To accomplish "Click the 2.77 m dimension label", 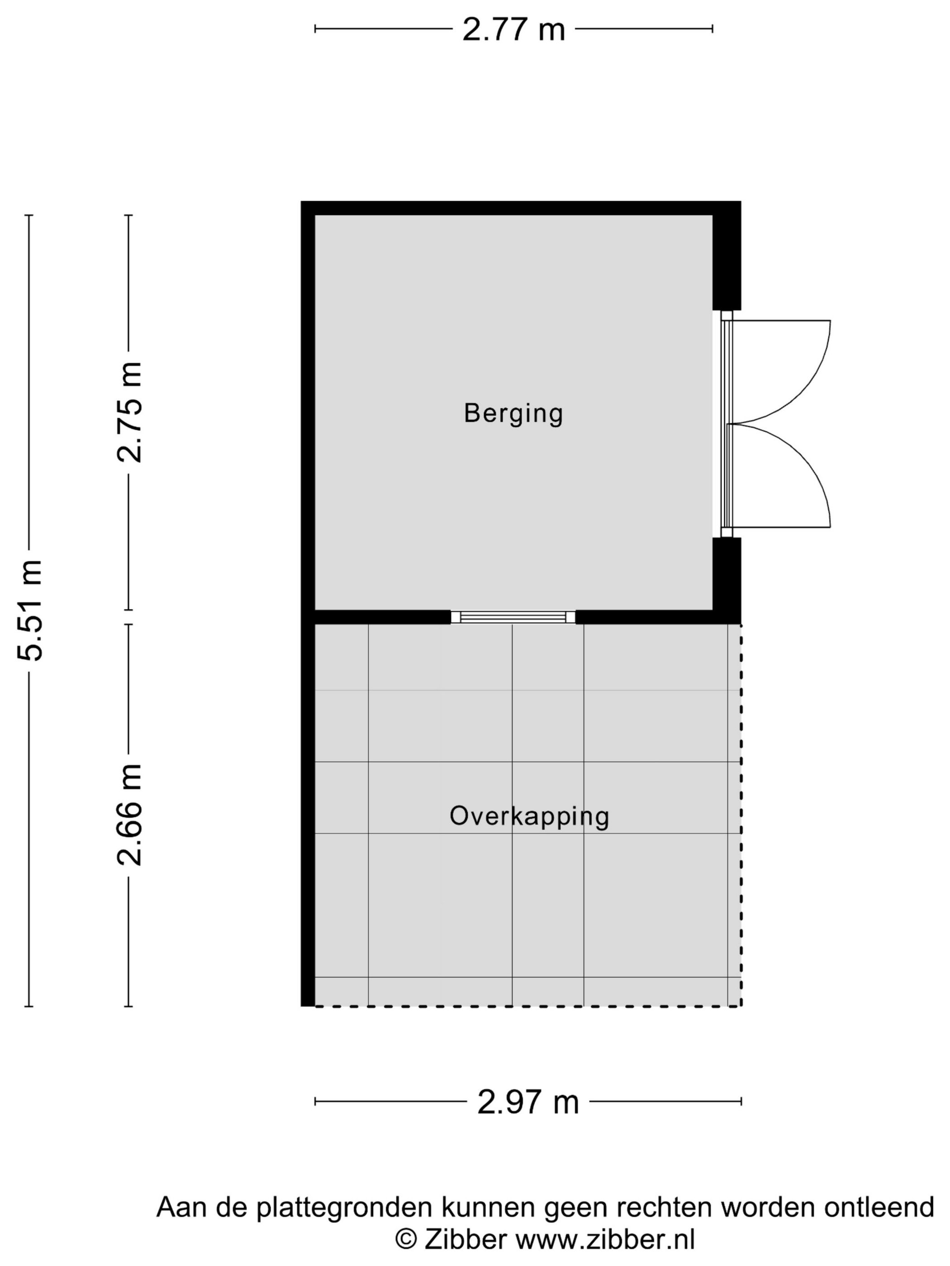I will point(513,30).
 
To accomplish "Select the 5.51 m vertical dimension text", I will point(30,610).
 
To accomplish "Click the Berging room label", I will point(513,413).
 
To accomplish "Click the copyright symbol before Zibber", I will point(406,1240).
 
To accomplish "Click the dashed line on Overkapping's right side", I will point(741,813).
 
